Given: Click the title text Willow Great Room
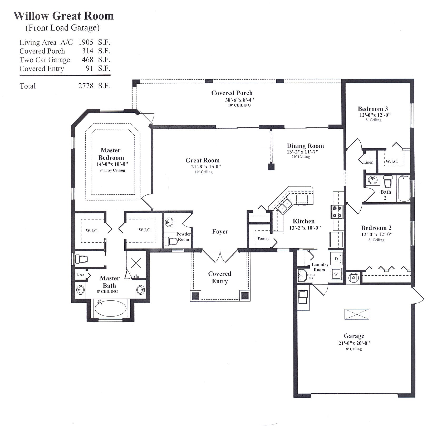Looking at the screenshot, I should (x=63, y=16).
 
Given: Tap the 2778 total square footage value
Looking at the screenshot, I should (x=86, y=86).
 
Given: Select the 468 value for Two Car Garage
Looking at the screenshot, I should (x=87, y=60).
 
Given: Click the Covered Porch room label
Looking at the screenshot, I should (x=232, y=93).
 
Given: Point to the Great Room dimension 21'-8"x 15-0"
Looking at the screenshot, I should (x=206, y=167).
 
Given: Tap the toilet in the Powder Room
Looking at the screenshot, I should (x=171, y=241).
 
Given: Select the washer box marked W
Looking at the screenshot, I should (x=336, y=274).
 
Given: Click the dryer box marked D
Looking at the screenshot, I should (x=336, y=259).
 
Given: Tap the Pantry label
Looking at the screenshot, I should (x=263, y=238).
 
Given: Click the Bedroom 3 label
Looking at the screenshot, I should (x=372, y=109).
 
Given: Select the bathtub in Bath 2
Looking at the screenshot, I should (x=404, y=189).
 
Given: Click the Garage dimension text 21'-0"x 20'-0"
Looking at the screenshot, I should (x=354, y=343).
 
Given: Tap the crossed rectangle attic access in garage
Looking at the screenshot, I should (x=357, y=314).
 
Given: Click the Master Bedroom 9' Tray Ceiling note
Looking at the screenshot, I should (x=112, y=170).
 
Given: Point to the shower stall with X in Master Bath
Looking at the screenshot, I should (x=136, y=262).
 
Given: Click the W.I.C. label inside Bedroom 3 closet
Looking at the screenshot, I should (x=392, y=162).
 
